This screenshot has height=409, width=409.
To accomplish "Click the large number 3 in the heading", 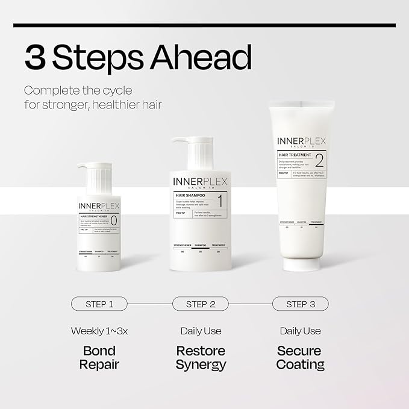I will [x=35, y=57].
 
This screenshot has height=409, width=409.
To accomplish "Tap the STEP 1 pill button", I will [x=99, y=304].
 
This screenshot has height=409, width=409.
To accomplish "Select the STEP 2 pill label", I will [x=201, y=304].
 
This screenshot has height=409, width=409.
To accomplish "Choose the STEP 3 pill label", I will [x=300, y=304].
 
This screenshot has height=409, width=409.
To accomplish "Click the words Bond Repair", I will [x=99, y=358].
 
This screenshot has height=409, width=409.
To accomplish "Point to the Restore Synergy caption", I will [x=201, y=358].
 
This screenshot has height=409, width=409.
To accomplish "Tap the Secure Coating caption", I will [x=301, y=358].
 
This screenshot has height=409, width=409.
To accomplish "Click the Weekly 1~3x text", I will [x=99, y=331].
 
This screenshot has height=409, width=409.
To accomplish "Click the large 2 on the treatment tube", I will [x=319, y=160].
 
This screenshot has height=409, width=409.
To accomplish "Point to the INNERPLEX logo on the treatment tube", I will [x=301, y=141].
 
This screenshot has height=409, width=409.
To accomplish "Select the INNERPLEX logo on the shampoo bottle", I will [x=201, y=181].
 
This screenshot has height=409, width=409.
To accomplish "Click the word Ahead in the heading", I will [x=198, y=57].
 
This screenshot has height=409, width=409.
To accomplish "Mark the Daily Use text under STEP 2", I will [x=201, y=331].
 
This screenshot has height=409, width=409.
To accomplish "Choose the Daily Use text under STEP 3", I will [x=301, y=331].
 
